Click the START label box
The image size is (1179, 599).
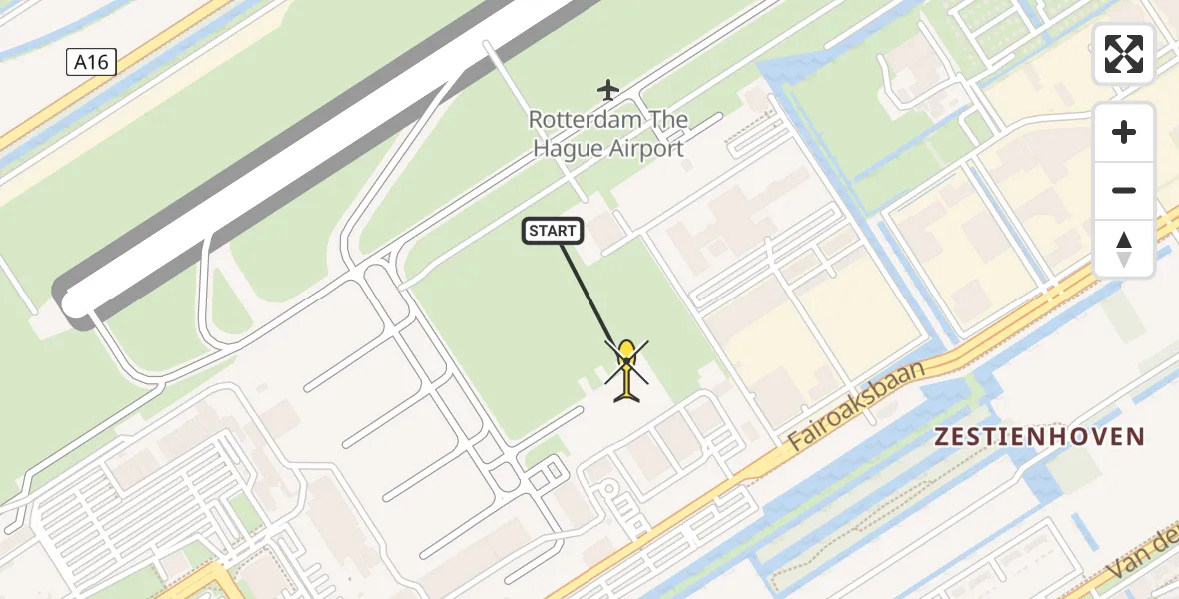(553, 232)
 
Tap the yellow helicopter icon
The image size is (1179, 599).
(626, 371)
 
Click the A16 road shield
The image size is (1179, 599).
(91, 62)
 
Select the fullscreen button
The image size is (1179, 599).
(1124, 54)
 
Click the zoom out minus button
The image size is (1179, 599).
(1124, 190)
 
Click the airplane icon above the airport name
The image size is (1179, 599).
(608, 90)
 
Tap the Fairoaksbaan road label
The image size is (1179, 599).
(858, 407)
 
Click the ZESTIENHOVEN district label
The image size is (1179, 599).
(1039, 436)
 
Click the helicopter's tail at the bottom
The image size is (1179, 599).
(627, 396)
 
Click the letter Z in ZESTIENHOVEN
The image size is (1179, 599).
(942, 436)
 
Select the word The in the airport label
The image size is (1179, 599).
(668, 120)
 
